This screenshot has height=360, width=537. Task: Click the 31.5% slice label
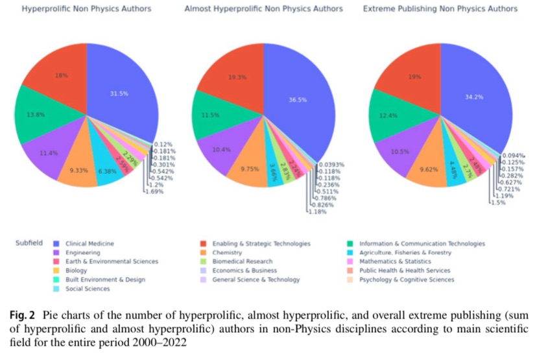119,93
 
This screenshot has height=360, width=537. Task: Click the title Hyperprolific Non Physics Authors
86,10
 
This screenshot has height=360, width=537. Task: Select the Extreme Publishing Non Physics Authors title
440,10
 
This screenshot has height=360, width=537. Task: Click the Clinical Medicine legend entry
89,243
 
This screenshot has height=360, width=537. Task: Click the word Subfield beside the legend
29,243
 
